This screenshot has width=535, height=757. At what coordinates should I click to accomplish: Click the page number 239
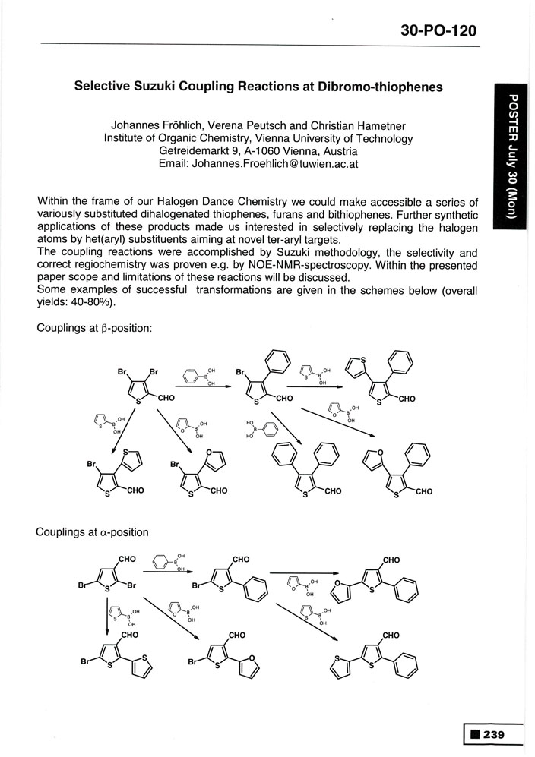coord(502,734)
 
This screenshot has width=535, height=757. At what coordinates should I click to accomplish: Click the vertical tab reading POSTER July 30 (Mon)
coord(513,155)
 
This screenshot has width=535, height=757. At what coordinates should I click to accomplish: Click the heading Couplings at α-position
coord(92,532)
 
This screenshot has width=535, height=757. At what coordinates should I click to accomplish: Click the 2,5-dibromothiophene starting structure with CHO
coord(109,577)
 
